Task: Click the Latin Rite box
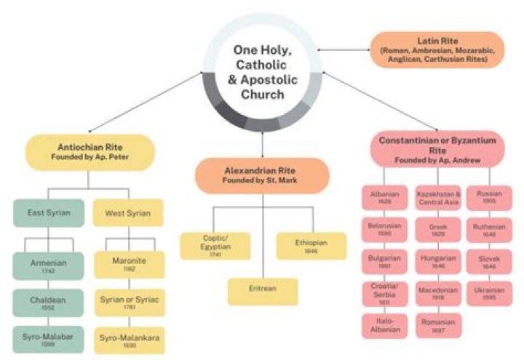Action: click(x=437, y=49)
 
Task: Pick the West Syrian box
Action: click(x=127, y=213)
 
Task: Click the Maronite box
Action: click(x=127, y=264)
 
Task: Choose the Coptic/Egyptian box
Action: click(x=215, y=246)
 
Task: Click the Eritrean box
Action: click(x=262, y=291)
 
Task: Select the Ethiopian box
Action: click(x=311, y=246)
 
